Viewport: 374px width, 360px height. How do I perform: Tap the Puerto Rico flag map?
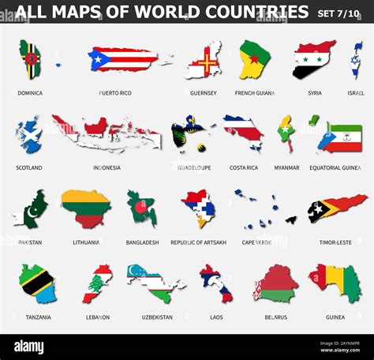[124, 59]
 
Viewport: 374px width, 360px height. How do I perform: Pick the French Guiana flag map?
[255, 59]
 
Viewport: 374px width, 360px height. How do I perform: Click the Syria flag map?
[313, 59]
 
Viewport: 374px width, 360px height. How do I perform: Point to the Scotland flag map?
[28, 134]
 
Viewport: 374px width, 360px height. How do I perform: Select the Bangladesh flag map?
[142, 207]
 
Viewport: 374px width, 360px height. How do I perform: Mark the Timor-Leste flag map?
[338, 208]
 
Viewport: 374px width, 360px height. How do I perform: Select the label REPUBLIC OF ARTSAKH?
[198, 242]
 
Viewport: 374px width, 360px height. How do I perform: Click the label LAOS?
[215, 317]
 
